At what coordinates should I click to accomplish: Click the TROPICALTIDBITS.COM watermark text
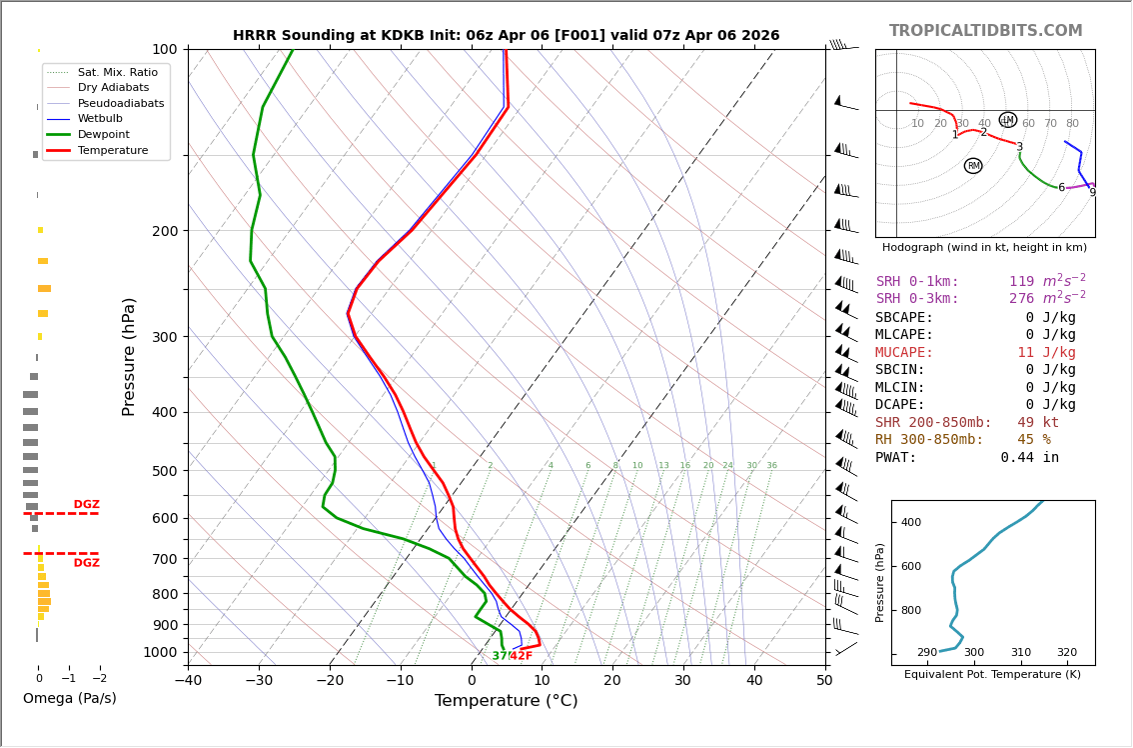985,31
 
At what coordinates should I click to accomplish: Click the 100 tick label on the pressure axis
165,49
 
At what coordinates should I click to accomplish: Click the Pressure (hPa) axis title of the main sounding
129,356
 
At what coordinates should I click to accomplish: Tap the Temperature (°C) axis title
506,701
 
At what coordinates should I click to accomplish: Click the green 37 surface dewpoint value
500,656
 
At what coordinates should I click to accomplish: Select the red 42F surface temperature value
522,656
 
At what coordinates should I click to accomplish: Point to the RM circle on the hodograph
973,166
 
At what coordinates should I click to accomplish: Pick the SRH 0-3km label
917,299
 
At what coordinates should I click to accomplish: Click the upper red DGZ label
86,505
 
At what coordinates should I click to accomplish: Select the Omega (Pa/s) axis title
70,699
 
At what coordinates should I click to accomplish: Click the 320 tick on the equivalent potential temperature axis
1067,653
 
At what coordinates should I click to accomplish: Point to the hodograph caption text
984,247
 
